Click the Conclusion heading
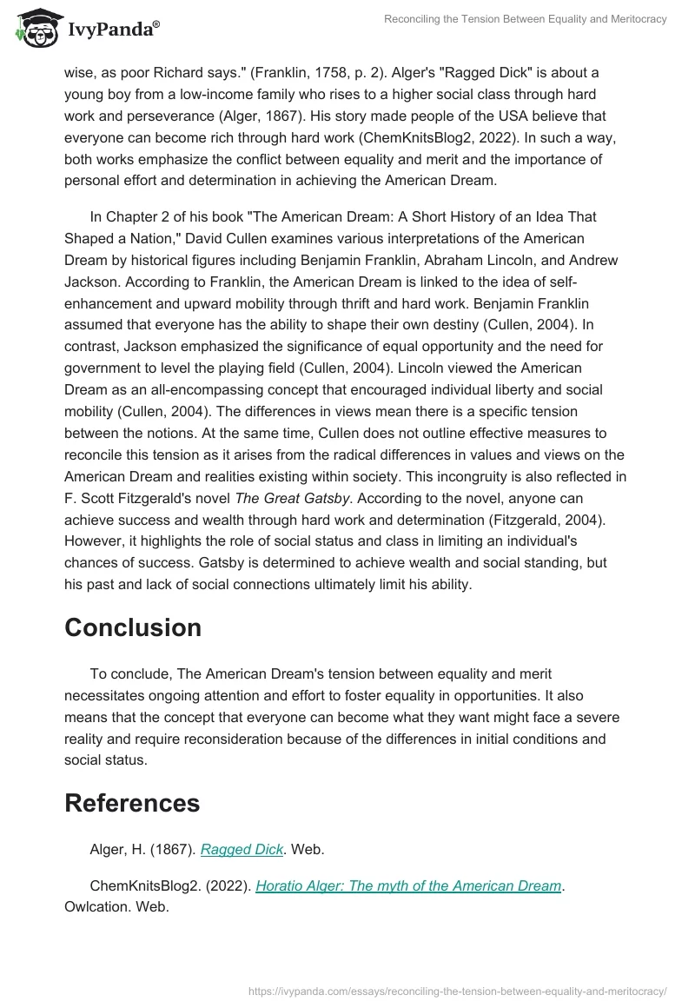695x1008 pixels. coord(133,627)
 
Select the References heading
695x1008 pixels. coord(132,803)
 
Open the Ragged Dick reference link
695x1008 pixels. coord(242,850)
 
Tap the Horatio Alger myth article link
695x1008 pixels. coord(408,885)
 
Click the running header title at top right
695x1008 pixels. coord(526,19)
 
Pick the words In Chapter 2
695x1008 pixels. coord(133,216)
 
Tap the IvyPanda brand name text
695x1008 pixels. coord(111,30)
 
